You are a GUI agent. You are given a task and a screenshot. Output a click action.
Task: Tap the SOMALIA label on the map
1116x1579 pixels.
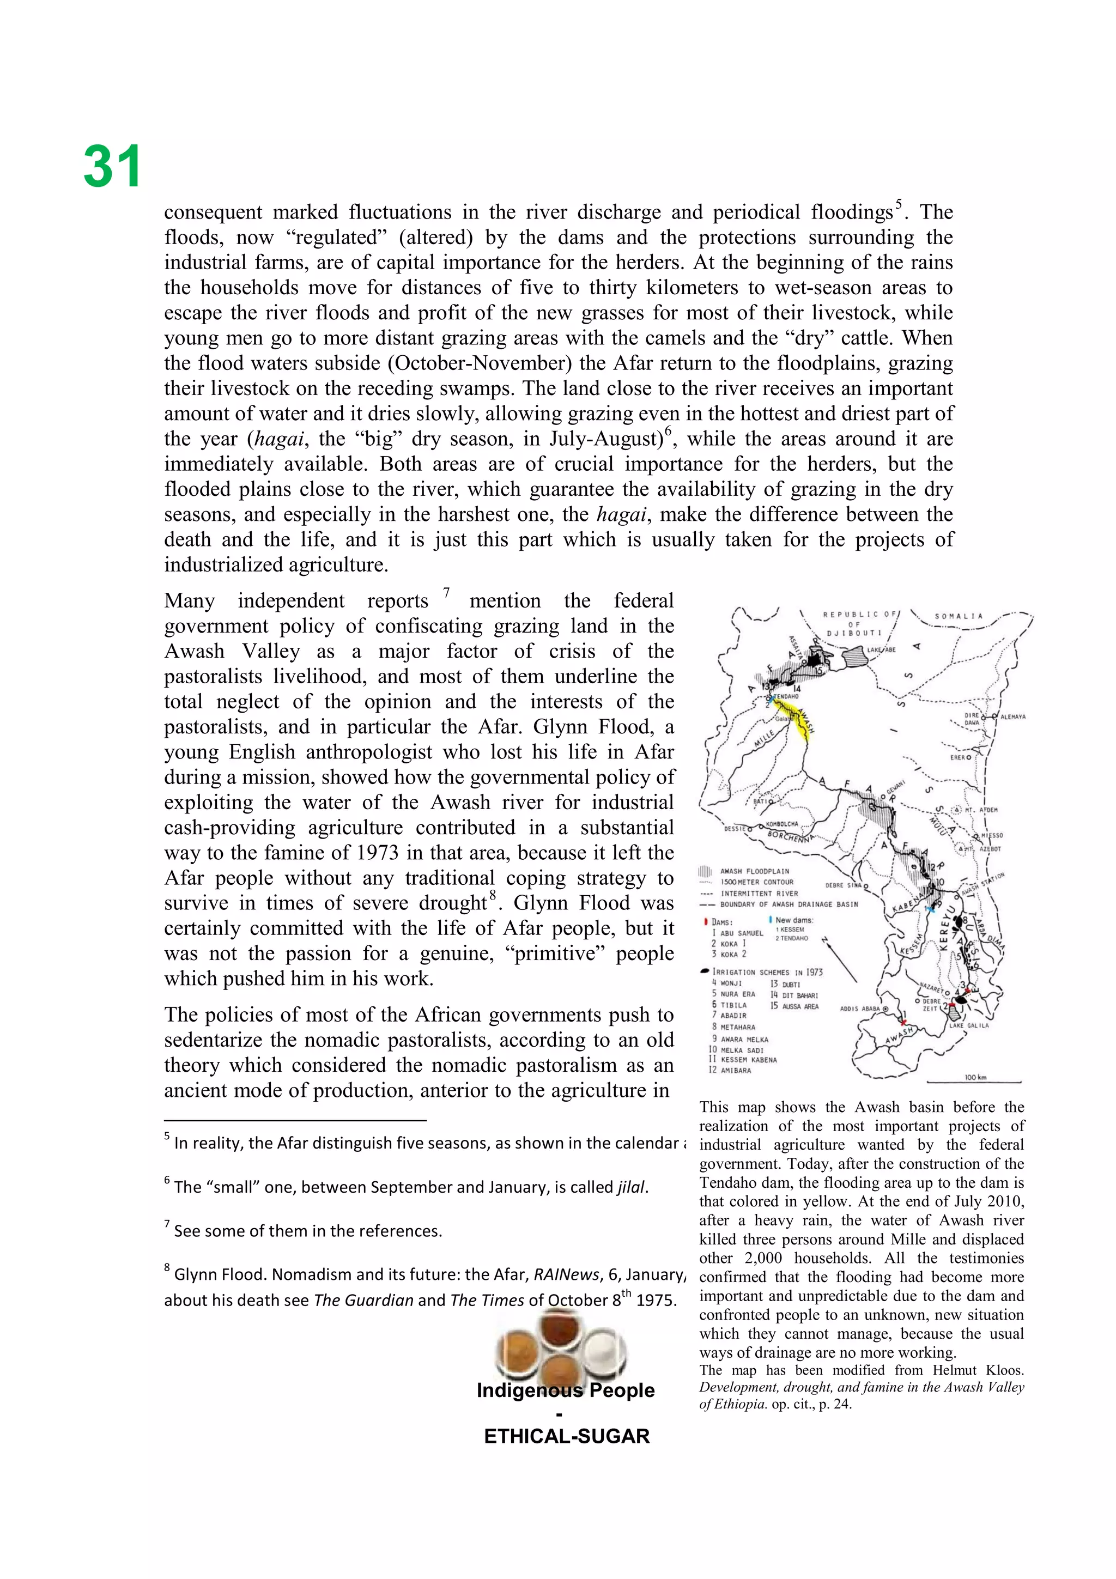(x=959, y=616)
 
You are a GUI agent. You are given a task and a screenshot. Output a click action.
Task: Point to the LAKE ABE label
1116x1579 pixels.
(x=881, y=649)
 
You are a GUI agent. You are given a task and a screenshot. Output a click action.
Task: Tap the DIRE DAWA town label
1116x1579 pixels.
(x=971, y=719)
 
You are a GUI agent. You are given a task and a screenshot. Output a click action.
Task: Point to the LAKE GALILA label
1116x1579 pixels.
(x=968, y=1025)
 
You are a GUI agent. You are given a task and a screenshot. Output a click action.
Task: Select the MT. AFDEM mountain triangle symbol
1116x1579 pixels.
(x=959, y=810)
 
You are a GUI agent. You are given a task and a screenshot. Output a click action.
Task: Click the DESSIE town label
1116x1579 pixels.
(x=735, y=829)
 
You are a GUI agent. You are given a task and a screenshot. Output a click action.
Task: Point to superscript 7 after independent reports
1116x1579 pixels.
(x=446, y=592)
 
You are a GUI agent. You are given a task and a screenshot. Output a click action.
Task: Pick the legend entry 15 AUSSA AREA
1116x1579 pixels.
(x=794, y=1006)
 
